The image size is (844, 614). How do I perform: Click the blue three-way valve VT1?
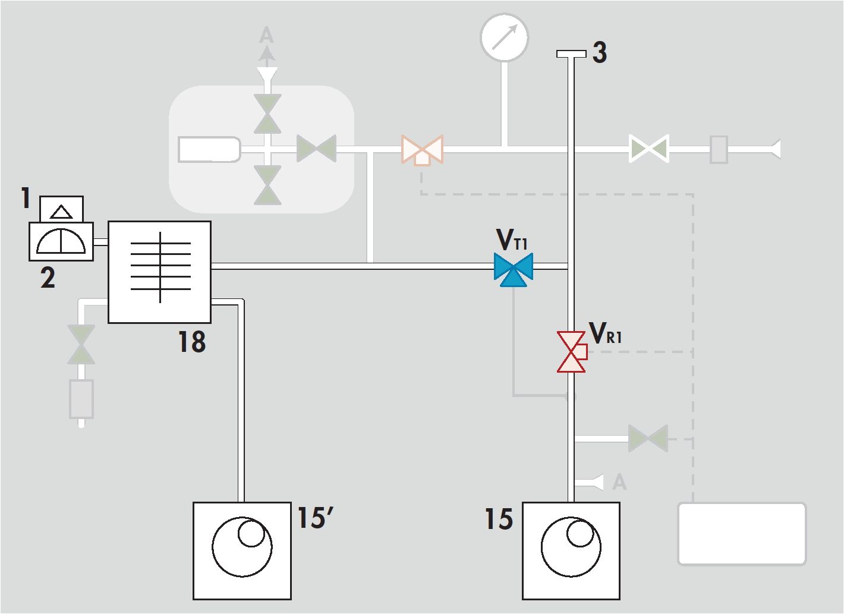point(513,269)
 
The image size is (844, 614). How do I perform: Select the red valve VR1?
point(572,352)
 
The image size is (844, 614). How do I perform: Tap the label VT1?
point(512,239)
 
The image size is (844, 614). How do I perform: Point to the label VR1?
point(606,333)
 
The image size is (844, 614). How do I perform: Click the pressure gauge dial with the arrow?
point(505,37)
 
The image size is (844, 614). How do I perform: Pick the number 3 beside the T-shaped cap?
point(600,52)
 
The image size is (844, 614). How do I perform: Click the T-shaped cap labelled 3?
point(571,54)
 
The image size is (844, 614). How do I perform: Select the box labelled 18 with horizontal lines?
point(159,272)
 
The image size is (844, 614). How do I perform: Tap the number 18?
point(192,342)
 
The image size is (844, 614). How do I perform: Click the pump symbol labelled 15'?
point(242,551)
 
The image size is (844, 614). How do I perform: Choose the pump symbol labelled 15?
point(571,551)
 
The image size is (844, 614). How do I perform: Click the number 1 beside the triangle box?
point(26,198)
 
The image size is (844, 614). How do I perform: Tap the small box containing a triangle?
point(61,209)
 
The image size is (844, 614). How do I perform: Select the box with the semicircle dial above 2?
point(61,241)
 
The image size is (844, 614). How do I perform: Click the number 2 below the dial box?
point(48,278)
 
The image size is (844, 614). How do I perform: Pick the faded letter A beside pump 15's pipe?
point(619,482)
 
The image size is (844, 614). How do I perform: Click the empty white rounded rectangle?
point(742,534)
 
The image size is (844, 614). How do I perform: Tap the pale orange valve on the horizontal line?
point(422,150)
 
